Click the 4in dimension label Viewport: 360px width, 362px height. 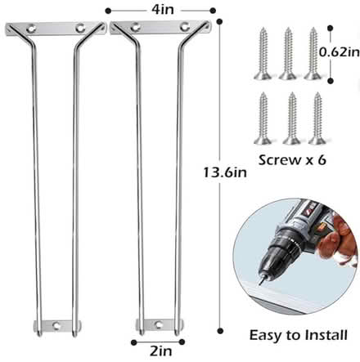tap(163, 10)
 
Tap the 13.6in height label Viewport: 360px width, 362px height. tap(225, 172)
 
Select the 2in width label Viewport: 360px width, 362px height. tap(161, 351)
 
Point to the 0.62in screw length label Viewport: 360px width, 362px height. tap(340, 52)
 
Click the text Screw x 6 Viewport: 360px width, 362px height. tap(292, 160)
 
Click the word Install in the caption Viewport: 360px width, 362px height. tap(326, 335)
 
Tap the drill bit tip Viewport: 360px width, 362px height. tap(260, 284)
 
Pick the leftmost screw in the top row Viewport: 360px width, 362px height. tap(263, 54)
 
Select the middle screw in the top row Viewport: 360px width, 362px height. tap(288, 54)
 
